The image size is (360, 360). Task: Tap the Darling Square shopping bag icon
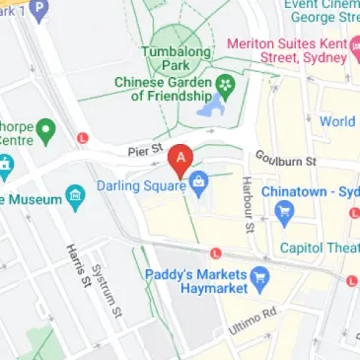198,180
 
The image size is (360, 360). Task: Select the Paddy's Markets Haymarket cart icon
260,275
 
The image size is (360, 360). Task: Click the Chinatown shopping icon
285,209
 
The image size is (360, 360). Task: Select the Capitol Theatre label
318,248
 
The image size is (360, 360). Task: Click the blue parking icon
39,12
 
